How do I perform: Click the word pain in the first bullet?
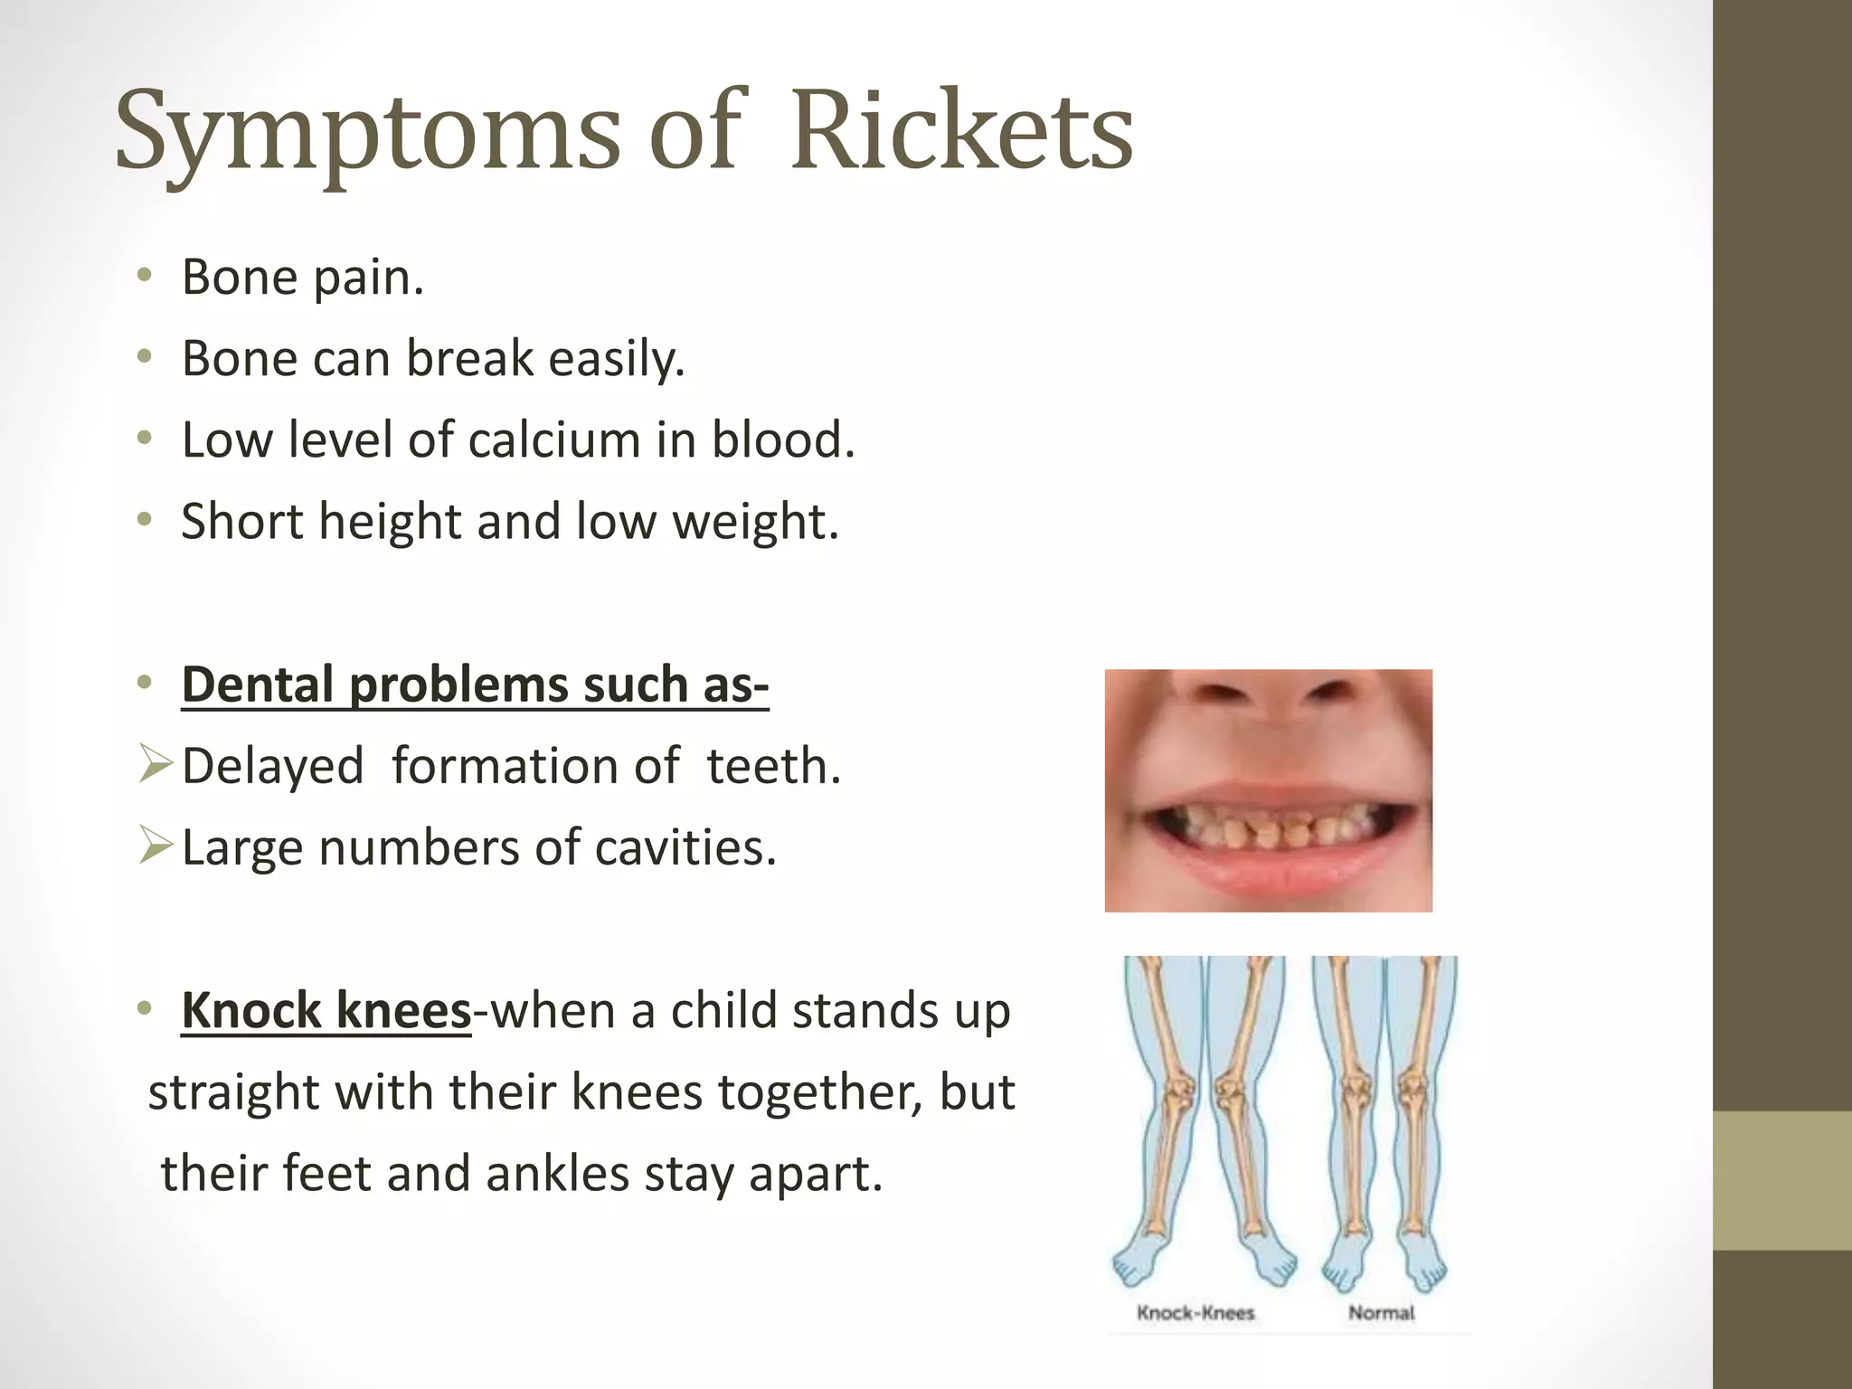pos(368,279)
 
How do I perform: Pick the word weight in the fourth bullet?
pos(755,523)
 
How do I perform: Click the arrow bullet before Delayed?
pos(156,764)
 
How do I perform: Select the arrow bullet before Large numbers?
pos(156,846)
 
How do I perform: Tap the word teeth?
pos(773,766)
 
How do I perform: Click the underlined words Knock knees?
pos(326,1010)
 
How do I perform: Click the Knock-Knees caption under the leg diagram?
pos(1195,1313)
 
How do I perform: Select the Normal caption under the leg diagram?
pos(1381,1313)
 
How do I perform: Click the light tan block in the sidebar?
pos(1781,1180)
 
